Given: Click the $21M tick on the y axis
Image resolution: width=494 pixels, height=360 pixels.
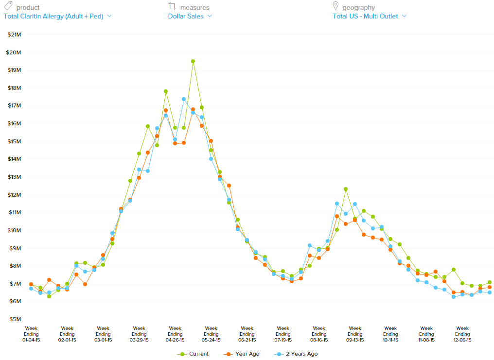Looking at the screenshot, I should [x=15, y=34].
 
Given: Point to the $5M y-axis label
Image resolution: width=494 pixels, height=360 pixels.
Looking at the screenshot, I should [x=15, y=319].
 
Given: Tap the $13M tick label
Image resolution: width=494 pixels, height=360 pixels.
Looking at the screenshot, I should [x=15, y=177].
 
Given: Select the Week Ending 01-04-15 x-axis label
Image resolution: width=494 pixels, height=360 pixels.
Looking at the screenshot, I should [x=31, y=334].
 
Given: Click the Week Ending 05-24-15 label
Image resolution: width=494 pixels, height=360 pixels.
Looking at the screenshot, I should [x=211, y=334].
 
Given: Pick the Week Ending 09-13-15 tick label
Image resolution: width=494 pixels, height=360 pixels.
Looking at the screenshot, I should [x=355, y=334].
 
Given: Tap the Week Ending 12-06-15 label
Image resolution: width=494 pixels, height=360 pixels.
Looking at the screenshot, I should [x=462, y=334].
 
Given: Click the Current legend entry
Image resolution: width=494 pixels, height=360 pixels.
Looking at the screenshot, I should [x=194, y=354].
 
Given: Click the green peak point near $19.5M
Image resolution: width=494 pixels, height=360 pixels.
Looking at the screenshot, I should [x=193, y=61].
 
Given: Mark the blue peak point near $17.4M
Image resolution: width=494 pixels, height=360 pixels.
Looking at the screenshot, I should [x=184, y=99].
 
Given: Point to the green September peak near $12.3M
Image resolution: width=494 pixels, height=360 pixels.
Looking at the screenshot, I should [x=346, y=189].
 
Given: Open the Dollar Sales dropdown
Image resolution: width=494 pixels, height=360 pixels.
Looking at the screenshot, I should [x=190, y=16].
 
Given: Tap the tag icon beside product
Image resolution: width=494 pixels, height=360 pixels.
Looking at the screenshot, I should [x=8, y=7].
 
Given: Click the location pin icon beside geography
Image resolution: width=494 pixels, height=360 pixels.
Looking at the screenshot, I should [x=335, y=6].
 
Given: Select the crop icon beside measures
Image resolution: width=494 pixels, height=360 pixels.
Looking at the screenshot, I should [x=172, y=6].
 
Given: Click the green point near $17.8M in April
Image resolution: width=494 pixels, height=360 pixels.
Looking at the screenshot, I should [x=166, y=91].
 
